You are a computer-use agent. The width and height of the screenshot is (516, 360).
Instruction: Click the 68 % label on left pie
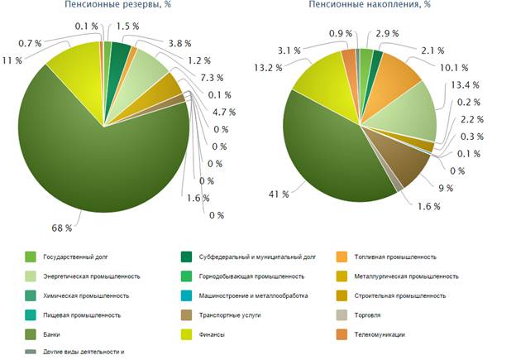60,226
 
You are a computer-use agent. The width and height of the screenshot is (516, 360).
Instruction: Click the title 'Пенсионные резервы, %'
108,5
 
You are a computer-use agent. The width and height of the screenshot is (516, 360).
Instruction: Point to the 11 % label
12,61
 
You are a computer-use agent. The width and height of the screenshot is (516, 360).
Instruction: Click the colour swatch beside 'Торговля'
342,315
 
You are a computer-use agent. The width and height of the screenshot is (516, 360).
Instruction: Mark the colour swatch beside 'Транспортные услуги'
187,315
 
